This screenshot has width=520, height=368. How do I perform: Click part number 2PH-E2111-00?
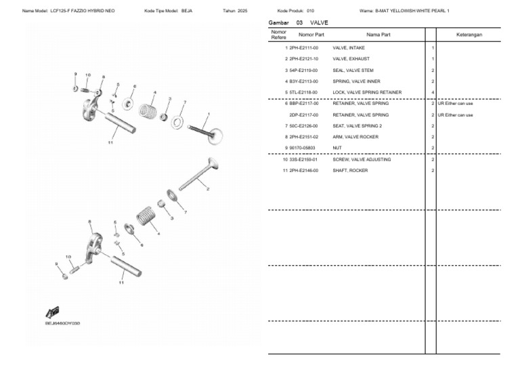coord(303,48)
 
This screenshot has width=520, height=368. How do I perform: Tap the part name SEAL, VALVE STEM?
coord(353,70)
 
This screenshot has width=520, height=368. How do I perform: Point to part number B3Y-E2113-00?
coord(303,81)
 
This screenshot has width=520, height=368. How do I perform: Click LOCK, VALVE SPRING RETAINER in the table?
coord(367,92)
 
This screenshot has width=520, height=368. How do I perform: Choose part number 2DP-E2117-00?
coord(303,115)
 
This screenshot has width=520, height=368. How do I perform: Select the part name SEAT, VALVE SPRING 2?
coord(357,125)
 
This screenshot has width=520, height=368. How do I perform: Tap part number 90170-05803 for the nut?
coord(302,148)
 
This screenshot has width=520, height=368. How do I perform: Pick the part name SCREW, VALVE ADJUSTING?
coord(358,159)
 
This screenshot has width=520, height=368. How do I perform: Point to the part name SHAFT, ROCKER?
coord(350,170)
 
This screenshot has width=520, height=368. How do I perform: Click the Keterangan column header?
coord(469,34)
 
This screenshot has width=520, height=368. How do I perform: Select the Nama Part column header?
coord(378,34)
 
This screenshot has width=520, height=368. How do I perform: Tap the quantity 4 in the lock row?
coord(432,92)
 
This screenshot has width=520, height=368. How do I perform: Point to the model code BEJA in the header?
coord(187,12)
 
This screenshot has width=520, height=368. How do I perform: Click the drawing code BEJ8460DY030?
coord(62,323)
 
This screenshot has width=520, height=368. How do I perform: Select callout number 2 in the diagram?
coord(207,188)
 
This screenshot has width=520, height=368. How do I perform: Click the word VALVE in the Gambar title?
coord(319,22)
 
